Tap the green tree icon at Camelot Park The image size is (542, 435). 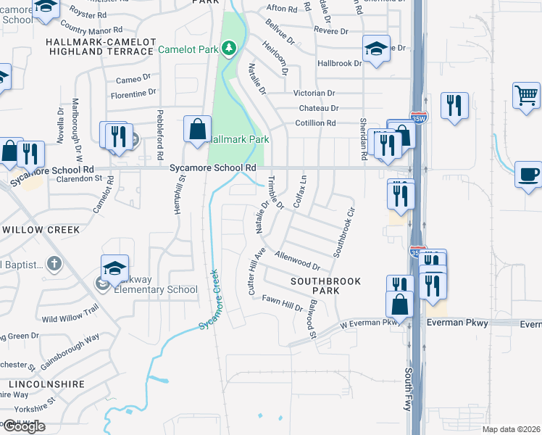[x=230, y=49]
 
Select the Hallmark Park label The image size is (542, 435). [x=239, y=139]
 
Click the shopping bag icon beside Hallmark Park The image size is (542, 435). [x=197, y=130]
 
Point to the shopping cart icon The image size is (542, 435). [x=526, y=96]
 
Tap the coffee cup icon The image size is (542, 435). [x=528, y=175]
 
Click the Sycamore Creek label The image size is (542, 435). [x=214, y=298]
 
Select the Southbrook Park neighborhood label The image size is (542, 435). [x=315, y=284]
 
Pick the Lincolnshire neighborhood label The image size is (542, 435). [x=48, y=384]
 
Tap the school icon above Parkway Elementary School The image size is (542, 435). [x=115, y=268]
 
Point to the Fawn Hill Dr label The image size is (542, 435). [x=283, y=303]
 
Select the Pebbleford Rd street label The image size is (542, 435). [x=160, y=135]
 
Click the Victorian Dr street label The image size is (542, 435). [x=314, y=94]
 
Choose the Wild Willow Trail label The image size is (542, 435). [x=70, y=314]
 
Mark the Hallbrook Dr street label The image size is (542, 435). [x=339, y=64]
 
